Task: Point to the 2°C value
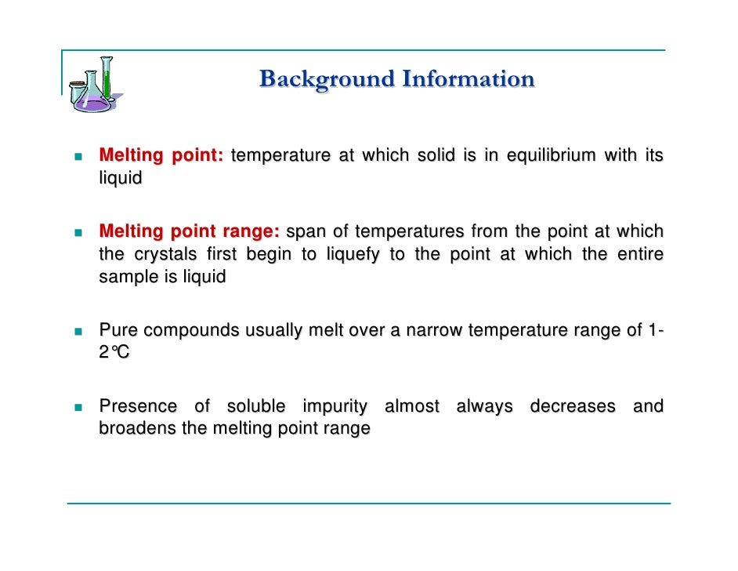tap(114, 353)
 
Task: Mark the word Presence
tap(138, 406)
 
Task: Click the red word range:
tap(250, 232)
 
